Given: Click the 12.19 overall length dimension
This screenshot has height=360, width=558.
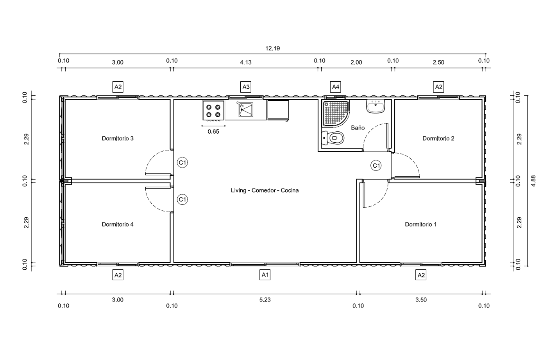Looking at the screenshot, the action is coord(272,48).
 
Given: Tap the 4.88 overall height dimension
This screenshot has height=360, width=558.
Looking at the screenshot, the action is coord(533,181).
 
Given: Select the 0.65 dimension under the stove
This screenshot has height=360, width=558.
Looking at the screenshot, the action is coord(213,132).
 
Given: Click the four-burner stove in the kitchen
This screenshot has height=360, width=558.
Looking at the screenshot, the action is coord(213,111).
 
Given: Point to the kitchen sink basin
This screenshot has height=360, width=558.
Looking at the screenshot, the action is coord(246,109).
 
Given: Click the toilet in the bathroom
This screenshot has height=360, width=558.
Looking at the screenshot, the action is coord(333,138).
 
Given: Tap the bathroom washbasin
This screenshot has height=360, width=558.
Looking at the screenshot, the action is coord(376,106).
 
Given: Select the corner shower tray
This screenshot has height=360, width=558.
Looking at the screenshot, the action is coord(336,113).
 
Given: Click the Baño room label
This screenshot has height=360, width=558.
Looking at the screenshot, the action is coord(358,128).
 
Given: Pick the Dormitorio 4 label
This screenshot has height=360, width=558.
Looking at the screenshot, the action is coord(118,224).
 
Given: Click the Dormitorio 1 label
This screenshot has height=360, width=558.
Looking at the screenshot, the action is coord(421,224).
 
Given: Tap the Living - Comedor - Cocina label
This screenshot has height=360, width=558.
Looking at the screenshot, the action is coord(265,191).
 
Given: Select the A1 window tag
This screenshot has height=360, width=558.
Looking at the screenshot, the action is coord(265,275).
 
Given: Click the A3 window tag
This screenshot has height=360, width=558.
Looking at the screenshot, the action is coord(246,87).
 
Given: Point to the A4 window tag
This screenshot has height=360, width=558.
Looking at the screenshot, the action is coord(336,87).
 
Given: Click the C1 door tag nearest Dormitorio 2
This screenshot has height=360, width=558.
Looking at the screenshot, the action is coord(376,165).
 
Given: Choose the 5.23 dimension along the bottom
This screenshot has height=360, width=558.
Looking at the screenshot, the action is coord(265,300).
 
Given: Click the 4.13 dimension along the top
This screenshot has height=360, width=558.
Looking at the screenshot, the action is coord(246,62).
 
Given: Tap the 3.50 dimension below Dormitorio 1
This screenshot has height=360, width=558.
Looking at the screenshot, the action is coord(421,300).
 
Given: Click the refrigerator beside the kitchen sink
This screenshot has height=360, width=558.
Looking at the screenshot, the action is coord(278,110).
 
